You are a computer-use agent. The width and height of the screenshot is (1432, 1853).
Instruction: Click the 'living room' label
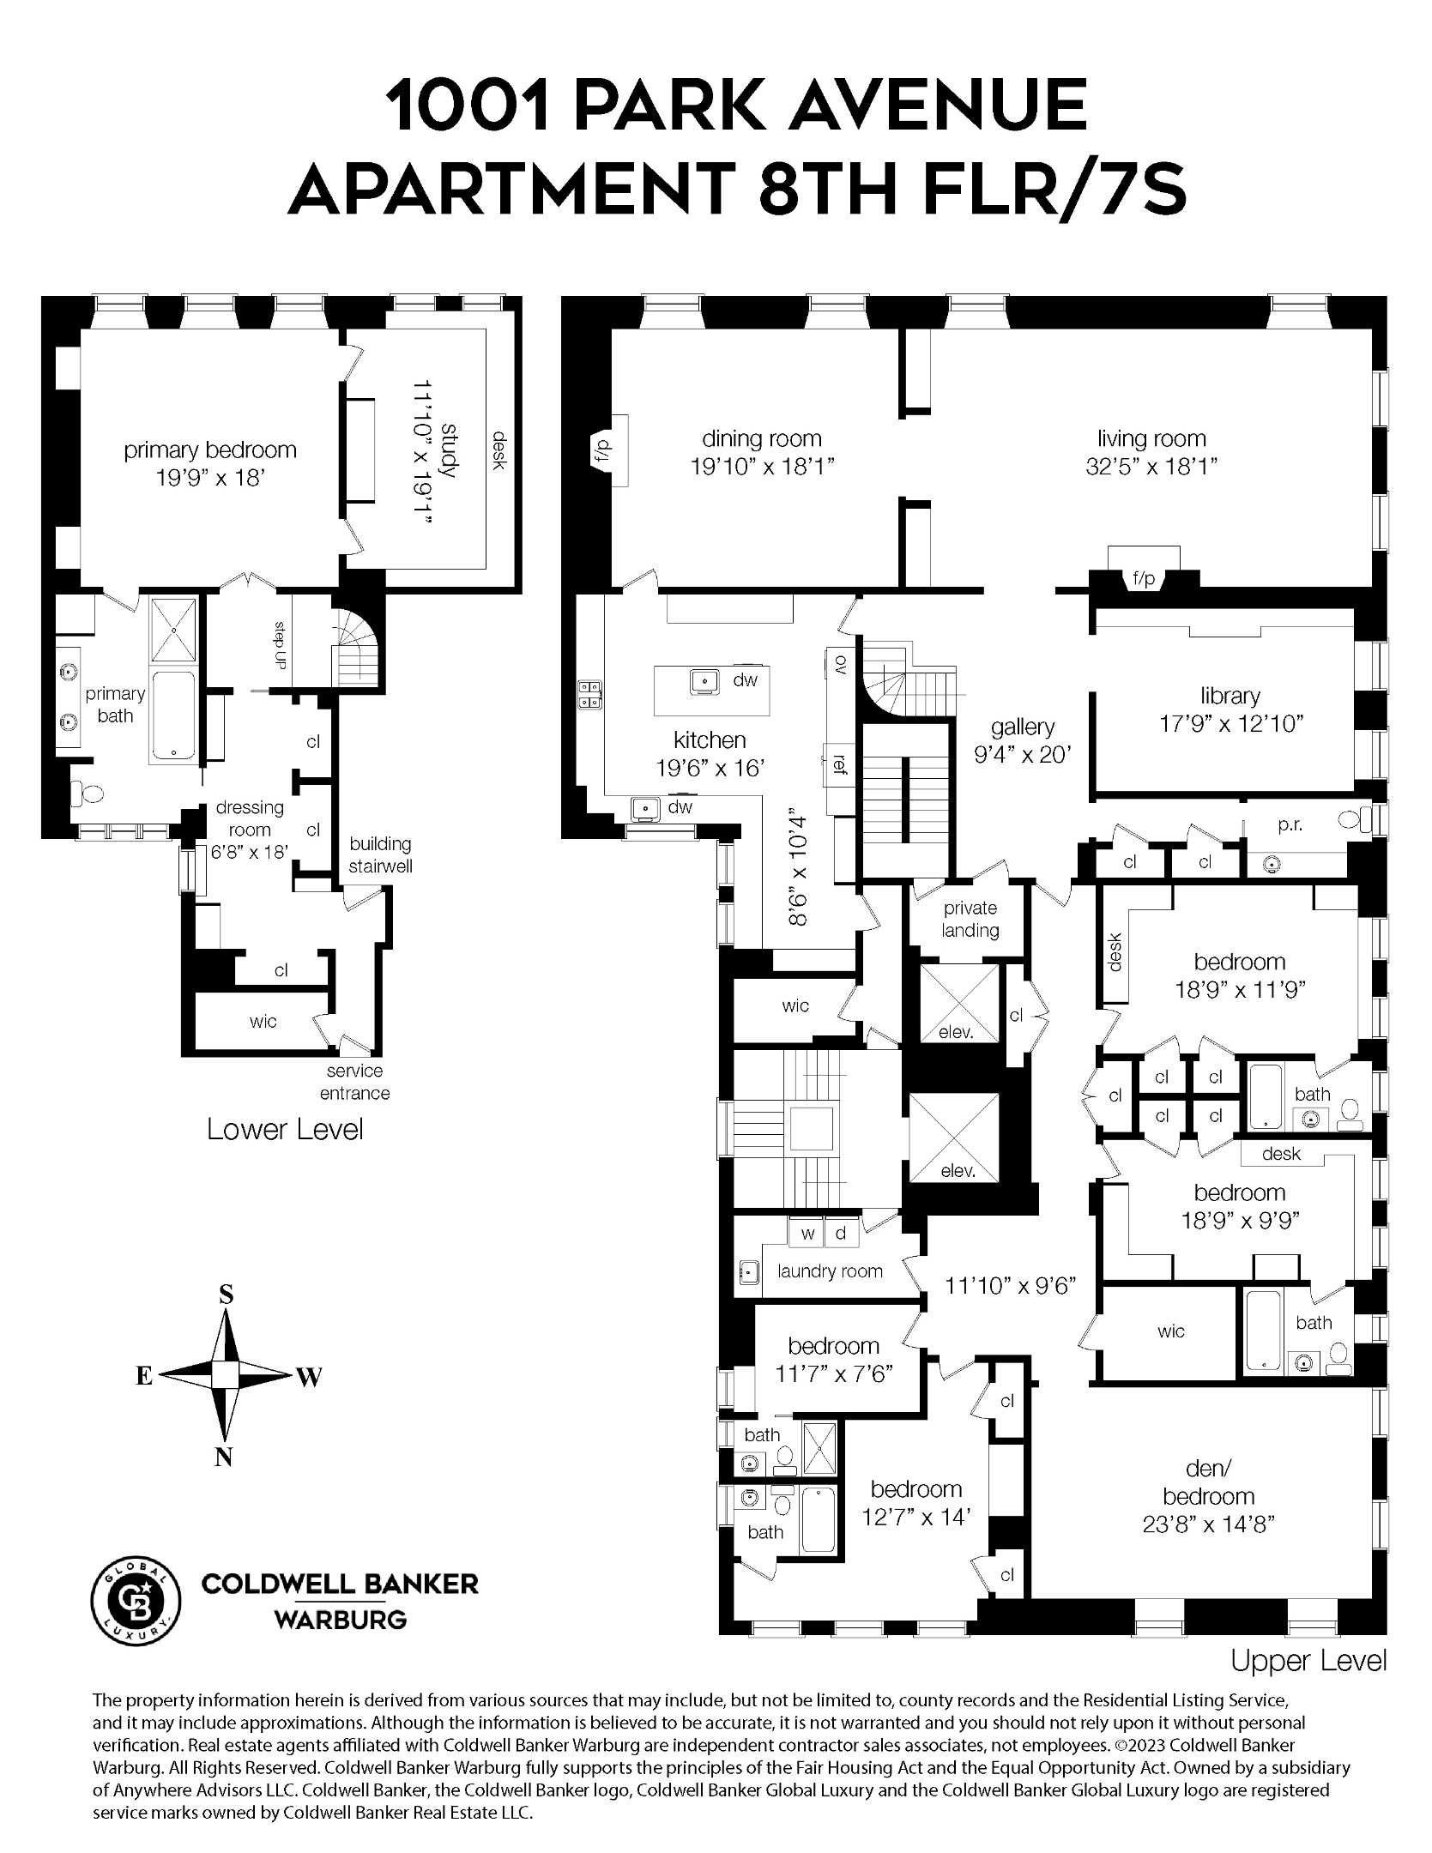click(1151, 438)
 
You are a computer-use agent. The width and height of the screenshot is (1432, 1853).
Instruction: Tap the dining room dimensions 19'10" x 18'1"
click(762, 467)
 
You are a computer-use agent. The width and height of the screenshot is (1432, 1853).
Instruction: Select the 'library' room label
click(1230, 696)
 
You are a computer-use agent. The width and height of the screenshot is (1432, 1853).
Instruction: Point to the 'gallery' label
click(1022, 727)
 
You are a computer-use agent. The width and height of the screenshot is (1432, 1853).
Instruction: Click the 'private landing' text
click(970, 919)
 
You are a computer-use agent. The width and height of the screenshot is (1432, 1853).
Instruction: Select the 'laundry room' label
click(830, 1271)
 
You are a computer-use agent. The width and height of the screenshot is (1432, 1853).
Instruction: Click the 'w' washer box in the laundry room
click(807, 1234)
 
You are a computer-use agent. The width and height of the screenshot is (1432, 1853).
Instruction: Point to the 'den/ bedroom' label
click(1208, 1482)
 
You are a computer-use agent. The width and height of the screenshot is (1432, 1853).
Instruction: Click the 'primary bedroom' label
click(210, 450)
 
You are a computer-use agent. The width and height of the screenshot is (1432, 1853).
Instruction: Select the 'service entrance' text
click(354, 1082)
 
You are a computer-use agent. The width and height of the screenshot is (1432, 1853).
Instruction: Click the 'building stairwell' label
click(380, 854)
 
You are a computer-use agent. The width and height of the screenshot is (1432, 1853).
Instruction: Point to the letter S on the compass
click(226, 1295)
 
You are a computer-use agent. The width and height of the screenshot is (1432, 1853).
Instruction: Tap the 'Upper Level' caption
click(1308, 1661)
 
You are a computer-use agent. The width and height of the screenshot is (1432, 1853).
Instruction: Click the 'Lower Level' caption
click(285, 1129)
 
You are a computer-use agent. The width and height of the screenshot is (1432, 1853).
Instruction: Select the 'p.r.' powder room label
click(1290, 824)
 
